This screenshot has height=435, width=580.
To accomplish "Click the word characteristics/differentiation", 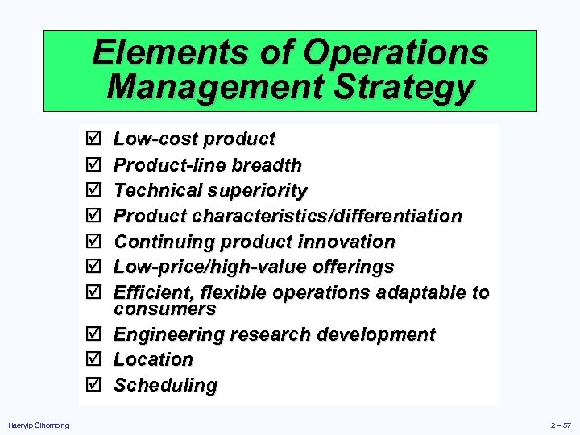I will pos(325,217).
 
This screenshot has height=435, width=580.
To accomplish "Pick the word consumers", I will pos(164,309).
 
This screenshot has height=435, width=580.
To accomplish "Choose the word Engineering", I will pos(168,334).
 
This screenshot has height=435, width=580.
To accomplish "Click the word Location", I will pos(153,359).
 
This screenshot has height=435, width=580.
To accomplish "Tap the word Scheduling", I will pos(165,385).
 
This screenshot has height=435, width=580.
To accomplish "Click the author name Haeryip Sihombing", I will pos(39,425).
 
